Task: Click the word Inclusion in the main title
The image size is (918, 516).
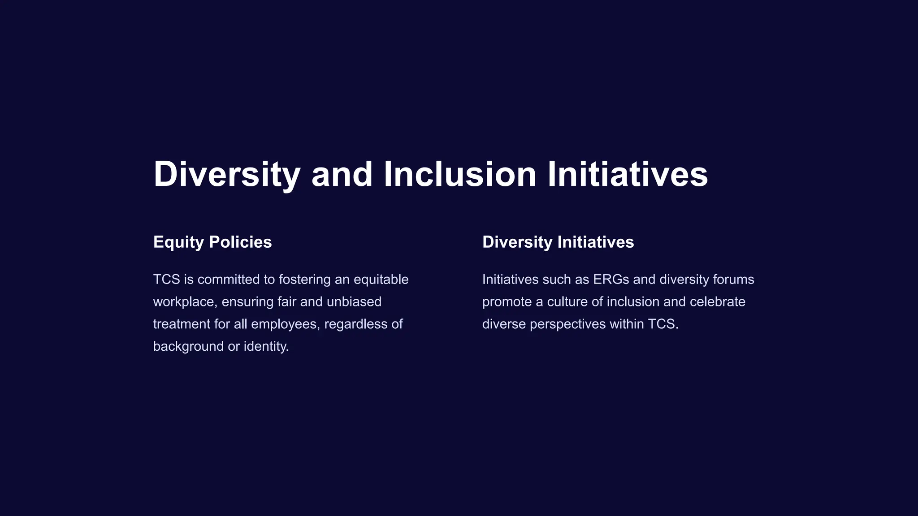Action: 460,174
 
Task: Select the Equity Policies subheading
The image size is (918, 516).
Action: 212,242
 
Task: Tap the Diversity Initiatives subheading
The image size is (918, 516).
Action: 558,242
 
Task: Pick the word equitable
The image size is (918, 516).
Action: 381,280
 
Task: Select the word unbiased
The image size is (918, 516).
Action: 354,302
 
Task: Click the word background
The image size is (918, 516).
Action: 188,347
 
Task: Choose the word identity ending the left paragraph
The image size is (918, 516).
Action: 266,347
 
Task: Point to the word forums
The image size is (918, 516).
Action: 733,279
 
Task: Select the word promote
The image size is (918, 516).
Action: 507,302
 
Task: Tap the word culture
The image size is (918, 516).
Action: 567,302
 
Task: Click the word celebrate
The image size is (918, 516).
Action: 717,302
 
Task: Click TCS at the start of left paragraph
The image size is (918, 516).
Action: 166,279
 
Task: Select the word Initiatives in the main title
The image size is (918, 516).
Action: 628,174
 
